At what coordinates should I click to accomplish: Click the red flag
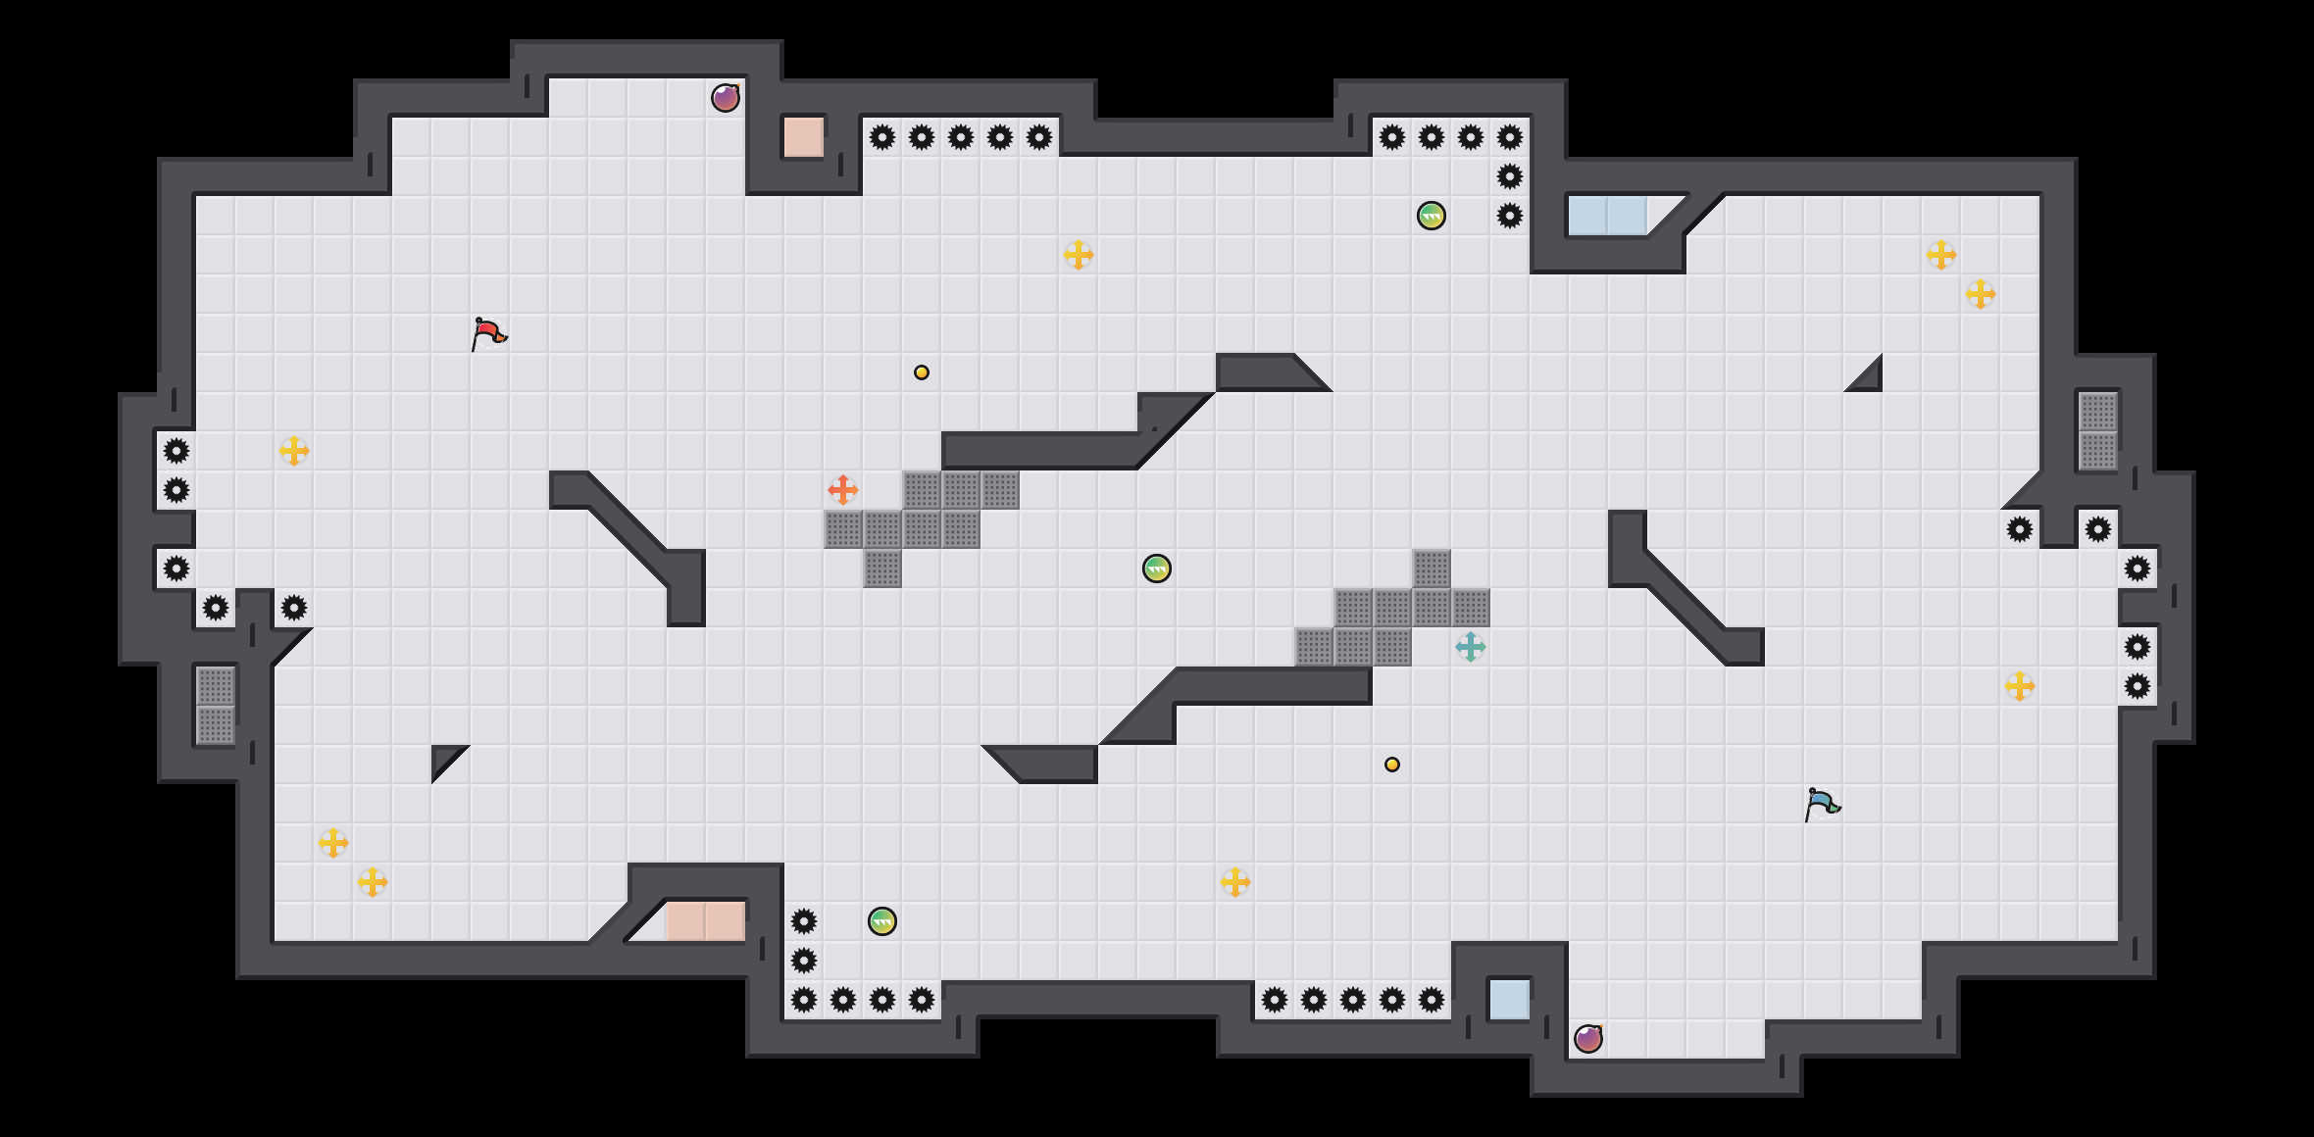click(488, 333)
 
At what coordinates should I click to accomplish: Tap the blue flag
click(1822, 804)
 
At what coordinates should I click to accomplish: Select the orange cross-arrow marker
click(843, 490)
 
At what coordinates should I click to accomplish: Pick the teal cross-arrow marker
click(1471, 647)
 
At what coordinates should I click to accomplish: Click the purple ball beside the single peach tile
click(726, 98)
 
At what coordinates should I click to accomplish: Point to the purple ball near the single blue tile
click(1588, 1039)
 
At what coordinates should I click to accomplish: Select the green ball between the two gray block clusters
click(1157, 568)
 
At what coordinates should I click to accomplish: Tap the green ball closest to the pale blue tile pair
click(1432, 216)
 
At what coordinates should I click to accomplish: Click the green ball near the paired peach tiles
click(882, 921)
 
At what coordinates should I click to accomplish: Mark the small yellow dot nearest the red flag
click(922, 372)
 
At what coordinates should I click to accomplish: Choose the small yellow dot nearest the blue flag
click(1392, 765)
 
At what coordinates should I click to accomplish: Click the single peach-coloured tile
click(804, 137)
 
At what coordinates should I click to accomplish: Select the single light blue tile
click(1510, 1000)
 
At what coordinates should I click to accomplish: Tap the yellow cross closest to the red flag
click(294, 451)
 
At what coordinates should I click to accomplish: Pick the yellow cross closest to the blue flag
click(2020, 686)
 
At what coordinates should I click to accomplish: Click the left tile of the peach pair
click(686, 921)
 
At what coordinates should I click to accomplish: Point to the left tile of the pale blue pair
click(1588, 216)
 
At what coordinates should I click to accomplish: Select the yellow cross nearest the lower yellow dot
click(1235, 882)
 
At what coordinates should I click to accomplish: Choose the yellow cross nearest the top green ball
click(1079, 255)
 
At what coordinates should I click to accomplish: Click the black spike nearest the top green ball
click(1510, 216)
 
